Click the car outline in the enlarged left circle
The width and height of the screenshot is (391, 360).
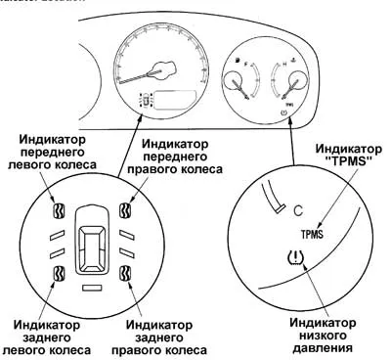point(91,241)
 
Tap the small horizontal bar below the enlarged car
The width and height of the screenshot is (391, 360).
point(91,290)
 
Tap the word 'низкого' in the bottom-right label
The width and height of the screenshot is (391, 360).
point(322,333)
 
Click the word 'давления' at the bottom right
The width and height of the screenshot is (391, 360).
point(322,346)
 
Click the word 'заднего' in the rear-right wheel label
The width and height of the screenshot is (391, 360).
point(152,333)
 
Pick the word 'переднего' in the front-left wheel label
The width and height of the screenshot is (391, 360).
point(50,154)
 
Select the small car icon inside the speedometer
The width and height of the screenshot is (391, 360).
point(148,100)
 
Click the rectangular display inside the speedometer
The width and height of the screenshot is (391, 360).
point(175,100)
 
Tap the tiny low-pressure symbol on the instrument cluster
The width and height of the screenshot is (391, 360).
point(283,113)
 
